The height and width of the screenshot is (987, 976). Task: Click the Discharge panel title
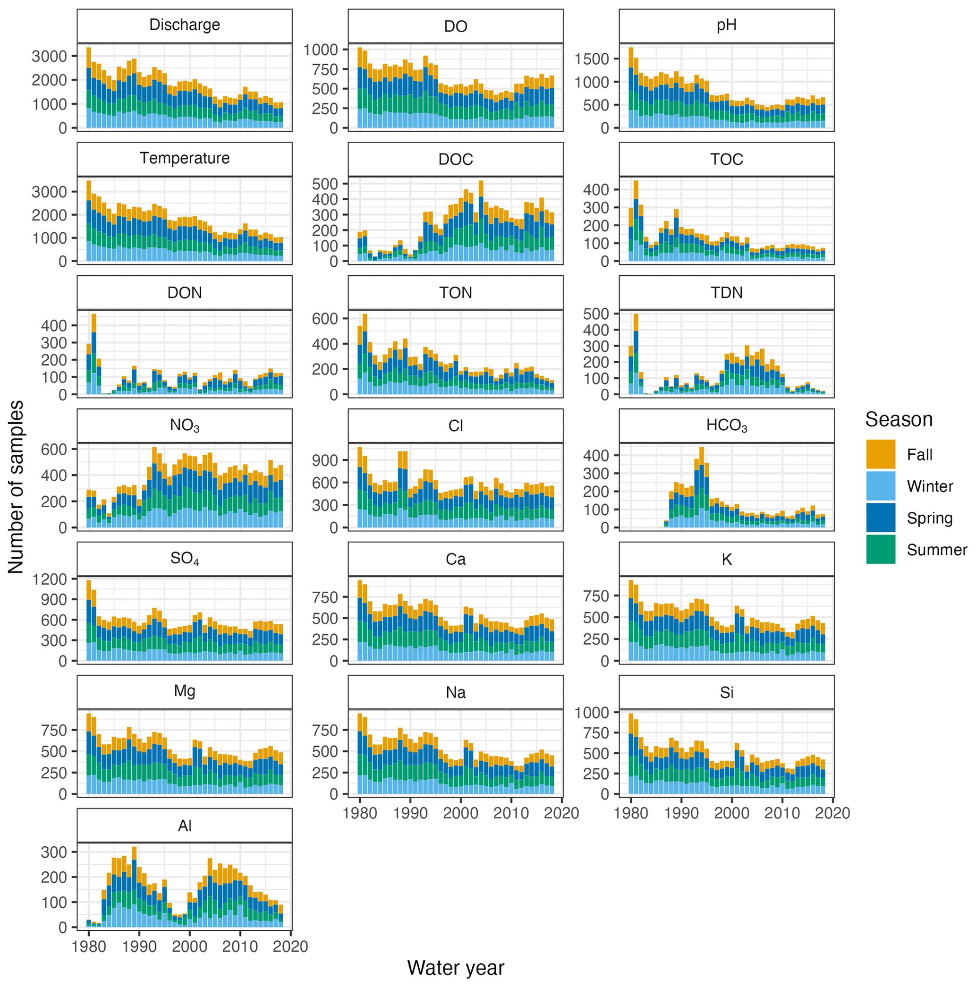pyautogui.click(x=184, y=25)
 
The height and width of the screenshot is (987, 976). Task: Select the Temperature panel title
pyautogui.click(x=184, y=158)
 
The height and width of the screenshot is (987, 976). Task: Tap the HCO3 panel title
pyautogui.click(x=726, y=425)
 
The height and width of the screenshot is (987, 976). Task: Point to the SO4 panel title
pyautogui.click(x=184, y=558)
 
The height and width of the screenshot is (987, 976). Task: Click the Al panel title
pyautogui.click(x=184, y=825)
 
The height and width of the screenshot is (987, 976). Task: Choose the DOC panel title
pyautogui.click(x=455, y=160)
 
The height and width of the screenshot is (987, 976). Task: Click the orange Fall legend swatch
pyautogui.click(x=881, y=454)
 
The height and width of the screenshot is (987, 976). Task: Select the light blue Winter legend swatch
pyautogui.click(x=881, y=486)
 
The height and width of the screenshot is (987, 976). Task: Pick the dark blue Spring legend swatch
pyautogui.click(x=881, y=518)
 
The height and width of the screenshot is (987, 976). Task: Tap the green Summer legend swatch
pyautogui.click(x=881, y=549)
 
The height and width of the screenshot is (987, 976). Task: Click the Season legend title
pyautogui.click(x=899, y=419)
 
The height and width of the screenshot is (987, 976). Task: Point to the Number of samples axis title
pyautogui.click(x=16, y=487)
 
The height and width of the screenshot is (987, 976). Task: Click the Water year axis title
pyautogui.click(x=456, y=968)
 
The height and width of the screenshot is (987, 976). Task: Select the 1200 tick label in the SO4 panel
pyautogui.click(x=50, y=579)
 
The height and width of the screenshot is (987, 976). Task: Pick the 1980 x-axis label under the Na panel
pyautogui.click(x=360, y=813)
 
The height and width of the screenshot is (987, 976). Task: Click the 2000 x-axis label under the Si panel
pyautogui.click(x=731, y=813)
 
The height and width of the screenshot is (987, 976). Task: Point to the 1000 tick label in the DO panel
pyautogui.click(x=321, y=50)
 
